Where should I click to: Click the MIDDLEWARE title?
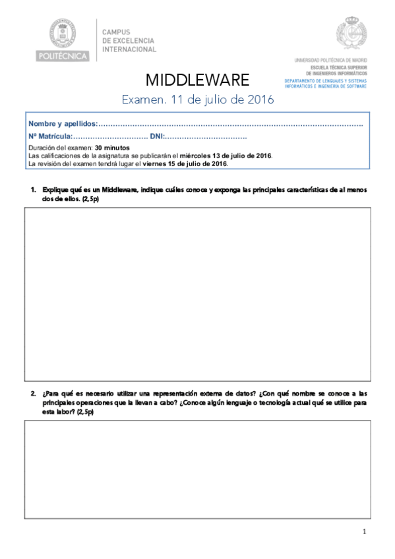197,80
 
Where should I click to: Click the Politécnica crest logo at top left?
63,33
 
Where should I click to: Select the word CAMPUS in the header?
116,31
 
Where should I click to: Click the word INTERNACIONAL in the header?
129,49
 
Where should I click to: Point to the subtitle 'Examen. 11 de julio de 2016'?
198,100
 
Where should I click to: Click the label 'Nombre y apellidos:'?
63,124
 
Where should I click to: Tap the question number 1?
33,190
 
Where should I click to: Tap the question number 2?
33,394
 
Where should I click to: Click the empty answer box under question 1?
197,294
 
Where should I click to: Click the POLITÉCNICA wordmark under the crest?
63,56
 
